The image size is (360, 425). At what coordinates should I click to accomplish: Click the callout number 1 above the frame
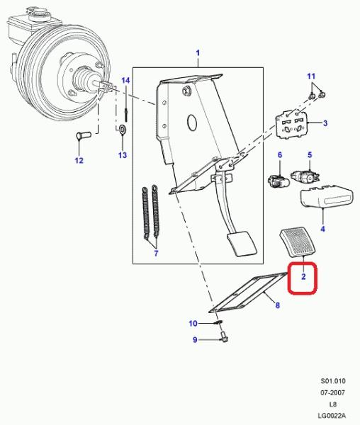pos(198,53)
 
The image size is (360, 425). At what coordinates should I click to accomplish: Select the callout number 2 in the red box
pos(303,277)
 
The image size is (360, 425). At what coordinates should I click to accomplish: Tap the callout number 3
pos(325,123)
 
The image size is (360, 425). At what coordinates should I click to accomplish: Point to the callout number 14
pos(125,81)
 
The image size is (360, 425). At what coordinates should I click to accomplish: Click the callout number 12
pos(79,161)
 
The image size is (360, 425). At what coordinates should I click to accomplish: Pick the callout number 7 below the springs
pos(156,254)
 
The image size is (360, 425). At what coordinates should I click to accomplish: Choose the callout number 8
pos(277,305)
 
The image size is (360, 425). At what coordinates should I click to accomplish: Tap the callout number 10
pos(193,324)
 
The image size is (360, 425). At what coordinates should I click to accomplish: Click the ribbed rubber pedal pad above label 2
pos(298,242)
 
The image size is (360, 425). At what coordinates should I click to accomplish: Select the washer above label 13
pos(123,129)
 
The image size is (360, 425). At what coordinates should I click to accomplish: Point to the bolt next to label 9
pos(224,337)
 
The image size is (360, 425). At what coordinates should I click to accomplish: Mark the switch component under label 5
pos(305,176)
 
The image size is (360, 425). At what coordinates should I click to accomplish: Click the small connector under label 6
pos(278,181)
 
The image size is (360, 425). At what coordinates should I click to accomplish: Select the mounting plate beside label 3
pos(291,125)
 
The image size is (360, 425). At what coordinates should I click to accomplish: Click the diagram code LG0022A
pos(332,416)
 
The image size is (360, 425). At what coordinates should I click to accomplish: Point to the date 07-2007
pos(333,392)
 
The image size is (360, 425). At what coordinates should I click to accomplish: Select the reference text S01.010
pos(333,381)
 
